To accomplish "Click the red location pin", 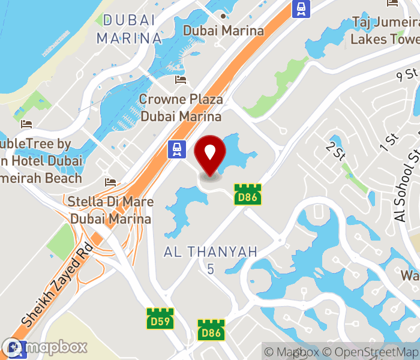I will (x=210, y=154).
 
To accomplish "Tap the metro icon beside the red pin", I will (x=176, y=149).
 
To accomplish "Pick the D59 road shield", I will (x=160, y=318).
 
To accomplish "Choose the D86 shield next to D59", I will (x=211, y=330).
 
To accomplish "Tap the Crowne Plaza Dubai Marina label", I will (x=181, y=107).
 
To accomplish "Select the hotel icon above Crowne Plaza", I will (x=181, y=80).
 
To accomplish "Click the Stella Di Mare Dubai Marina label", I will (x=110, y=210).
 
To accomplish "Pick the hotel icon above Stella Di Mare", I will (x=110, y=182).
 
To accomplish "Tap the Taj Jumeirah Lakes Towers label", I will (x=385, y=31).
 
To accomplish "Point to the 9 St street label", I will (x=407, y=76).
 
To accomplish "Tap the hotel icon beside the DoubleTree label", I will (x=26, y=124).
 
